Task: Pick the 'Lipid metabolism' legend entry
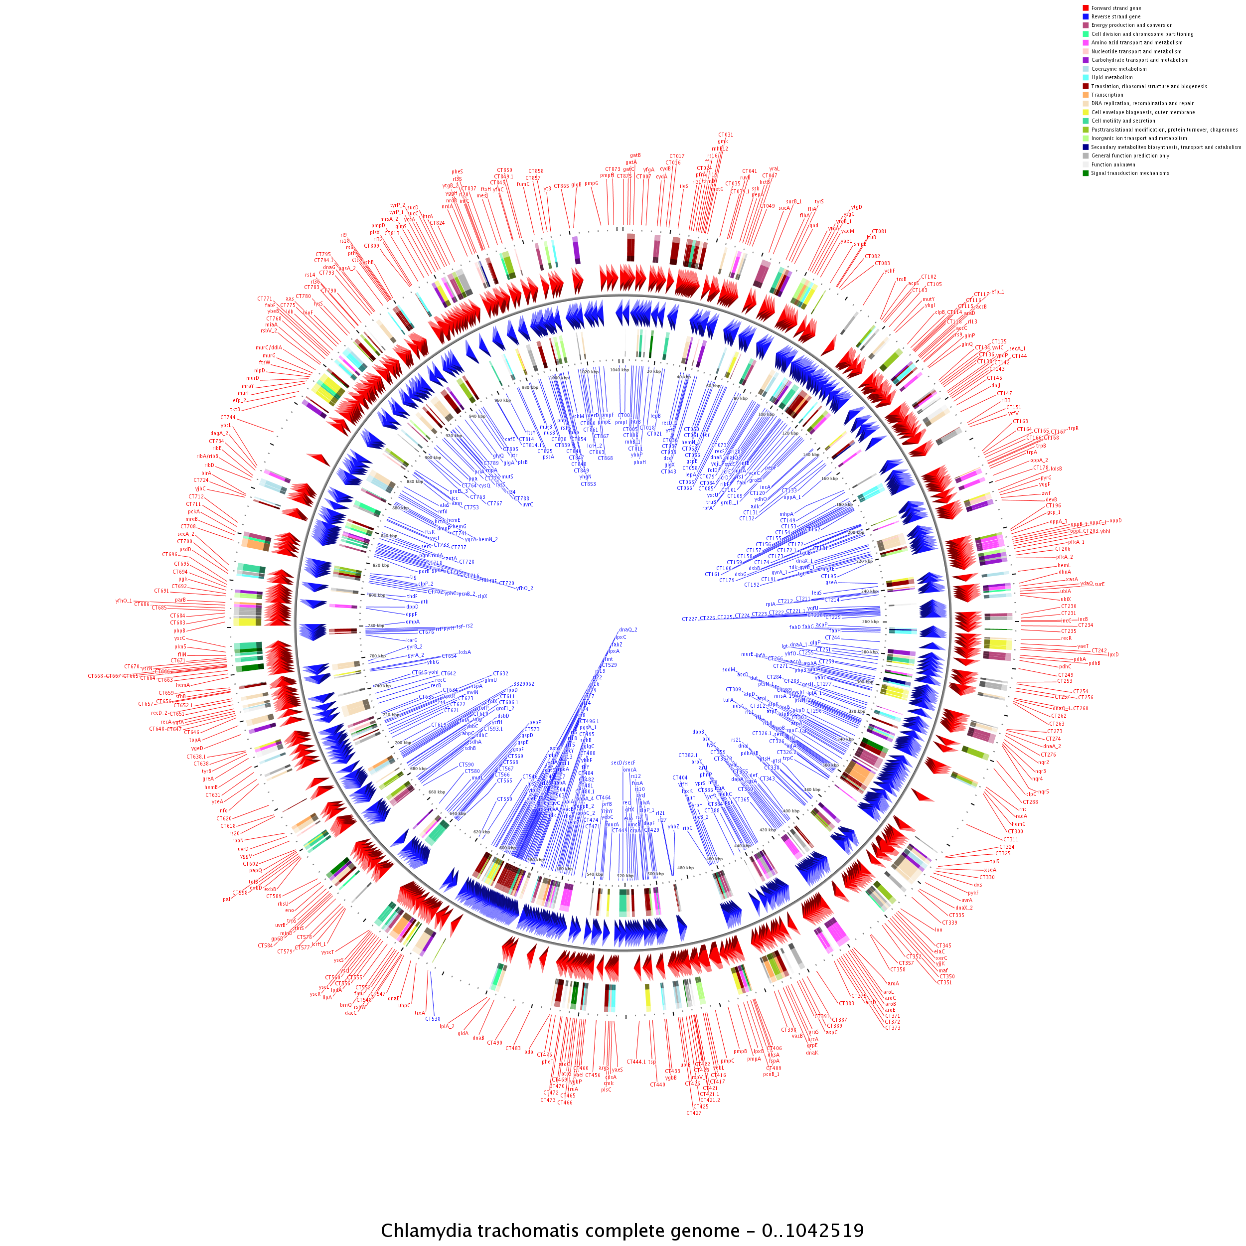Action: (1112, 77)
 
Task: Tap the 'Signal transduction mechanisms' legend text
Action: (1130, 173)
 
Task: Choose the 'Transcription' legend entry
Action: (1106, 95)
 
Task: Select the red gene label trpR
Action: (1073, 428)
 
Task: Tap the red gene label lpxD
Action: (1113, 654)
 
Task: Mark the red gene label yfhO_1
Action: (124, 601)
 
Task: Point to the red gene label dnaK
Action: (811, 1053)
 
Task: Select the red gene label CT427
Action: (693, 1113)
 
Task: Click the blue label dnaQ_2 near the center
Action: (627, 629)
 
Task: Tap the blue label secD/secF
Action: (623, 763)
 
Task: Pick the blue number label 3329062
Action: (524, 684)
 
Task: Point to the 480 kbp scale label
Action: (685, 867)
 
